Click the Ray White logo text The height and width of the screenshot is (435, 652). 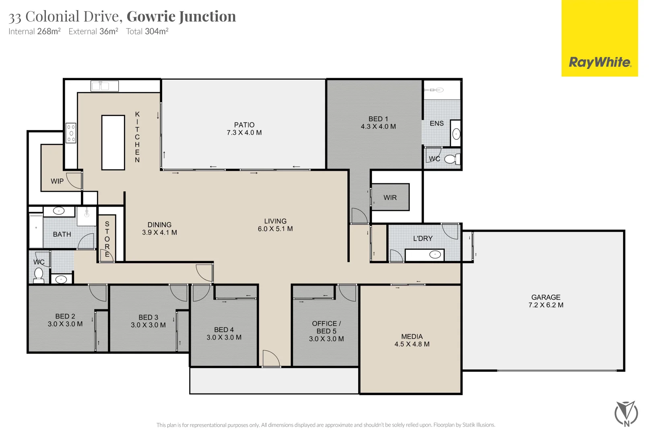pyautogui.click(x=600, y=62)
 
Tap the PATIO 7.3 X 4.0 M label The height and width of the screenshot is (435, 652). pyautogui.click(x=244, y=128)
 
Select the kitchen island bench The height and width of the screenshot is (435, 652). pyautogui.click(x=113, y=142)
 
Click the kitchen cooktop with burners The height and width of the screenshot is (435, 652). pyautogui.click(x=71, y=133)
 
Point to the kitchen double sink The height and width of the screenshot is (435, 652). pyautogui.click(x=104, y=86)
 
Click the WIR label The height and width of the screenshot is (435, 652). pyautogui.click(x=390, y=197)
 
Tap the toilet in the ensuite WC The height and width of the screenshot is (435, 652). pyautogui.click(x=452, y=159)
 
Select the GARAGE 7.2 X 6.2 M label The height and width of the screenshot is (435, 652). pyautogui.click(x=546, y=301)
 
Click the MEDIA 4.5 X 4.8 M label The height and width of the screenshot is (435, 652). pyautogui.click(x=412, y=340)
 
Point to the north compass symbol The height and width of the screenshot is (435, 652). pyautogui.click(x=626, y=413)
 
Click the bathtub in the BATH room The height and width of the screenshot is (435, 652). pyautogui.click(x=36, y=231)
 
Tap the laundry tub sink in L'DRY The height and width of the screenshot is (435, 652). pyautogui.click(x=435, y=255)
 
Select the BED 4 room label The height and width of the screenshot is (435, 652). pyautogui.click(x=224, y=333)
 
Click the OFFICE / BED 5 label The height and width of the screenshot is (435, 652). pyautogui.click(x=326, y=331)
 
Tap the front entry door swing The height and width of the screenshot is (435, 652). pyautogui.click(x=270, y=358)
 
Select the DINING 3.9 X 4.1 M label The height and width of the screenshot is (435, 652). pyautogui.click(x=159, y=228)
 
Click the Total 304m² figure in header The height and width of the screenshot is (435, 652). pyautogui.click(x=147, y=31)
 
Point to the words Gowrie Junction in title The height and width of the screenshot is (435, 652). pyautogui.click(x=181, y=17)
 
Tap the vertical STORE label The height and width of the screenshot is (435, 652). pyautogui.click(x=107, y=239)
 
